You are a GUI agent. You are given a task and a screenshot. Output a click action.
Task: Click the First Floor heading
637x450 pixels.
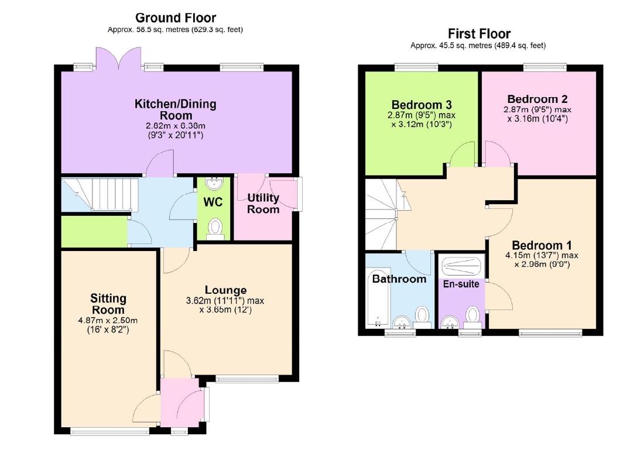point(479,33)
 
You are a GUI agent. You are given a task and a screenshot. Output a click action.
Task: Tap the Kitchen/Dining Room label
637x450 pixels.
point(175,109)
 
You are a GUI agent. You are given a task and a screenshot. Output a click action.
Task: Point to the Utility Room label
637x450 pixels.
point(263,203)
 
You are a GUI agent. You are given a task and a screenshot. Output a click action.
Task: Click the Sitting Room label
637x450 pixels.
point(108,304)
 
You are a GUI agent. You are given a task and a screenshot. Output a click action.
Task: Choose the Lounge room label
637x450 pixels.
point(225,290)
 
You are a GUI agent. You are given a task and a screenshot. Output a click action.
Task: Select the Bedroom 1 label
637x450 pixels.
point(542,245)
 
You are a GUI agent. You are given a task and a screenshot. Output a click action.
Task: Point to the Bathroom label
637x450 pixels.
point(399,279)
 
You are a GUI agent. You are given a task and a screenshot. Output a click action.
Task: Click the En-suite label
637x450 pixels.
point(461,284)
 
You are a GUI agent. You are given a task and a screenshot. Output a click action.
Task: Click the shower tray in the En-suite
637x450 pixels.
point(462,266)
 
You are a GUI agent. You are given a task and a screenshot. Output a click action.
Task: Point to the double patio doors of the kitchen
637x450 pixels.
point(119,59)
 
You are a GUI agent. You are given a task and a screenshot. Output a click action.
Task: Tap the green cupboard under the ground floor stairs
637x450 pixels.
point(94,231)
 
